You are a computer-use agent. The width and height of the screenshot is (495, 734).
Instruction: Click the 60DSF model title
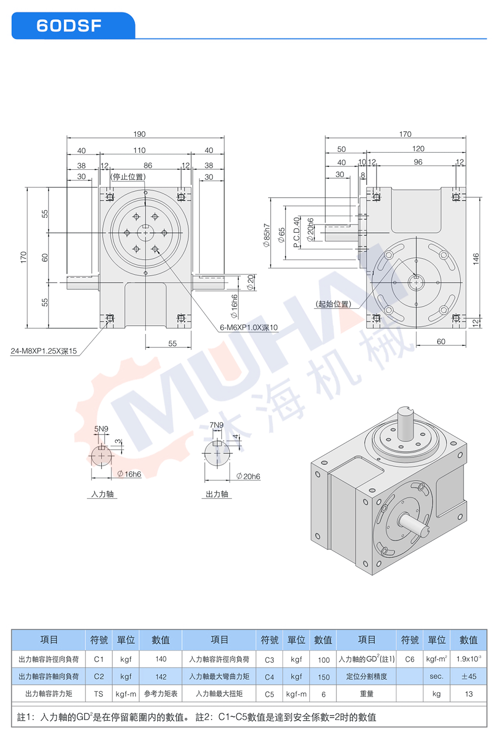69,26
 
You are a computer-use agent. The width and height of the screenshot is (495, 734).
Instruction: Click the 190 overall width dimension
139,134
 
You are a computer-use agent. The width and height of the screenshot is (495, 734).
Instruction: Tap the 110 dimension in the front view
139,150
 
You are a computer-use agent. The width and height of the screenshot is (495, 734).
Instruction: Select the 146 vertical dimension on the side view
476,259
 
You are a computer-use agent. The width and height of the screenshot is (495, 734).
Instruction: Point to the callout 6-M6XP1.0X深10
249,327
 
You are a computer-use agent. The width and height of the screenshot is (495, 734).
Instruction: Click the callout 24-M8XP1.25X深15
44,351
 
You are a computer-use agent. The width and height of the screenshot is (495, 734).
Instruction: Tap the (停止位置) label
128,177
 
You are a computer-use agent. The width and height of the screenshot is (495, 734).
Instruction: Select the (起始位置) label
333,304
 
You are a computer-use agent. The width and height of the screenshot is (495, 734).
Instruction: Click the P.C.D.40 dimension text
296,232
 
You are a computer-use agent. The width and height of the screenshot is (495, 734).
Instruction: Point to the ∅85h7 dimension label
267,235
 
